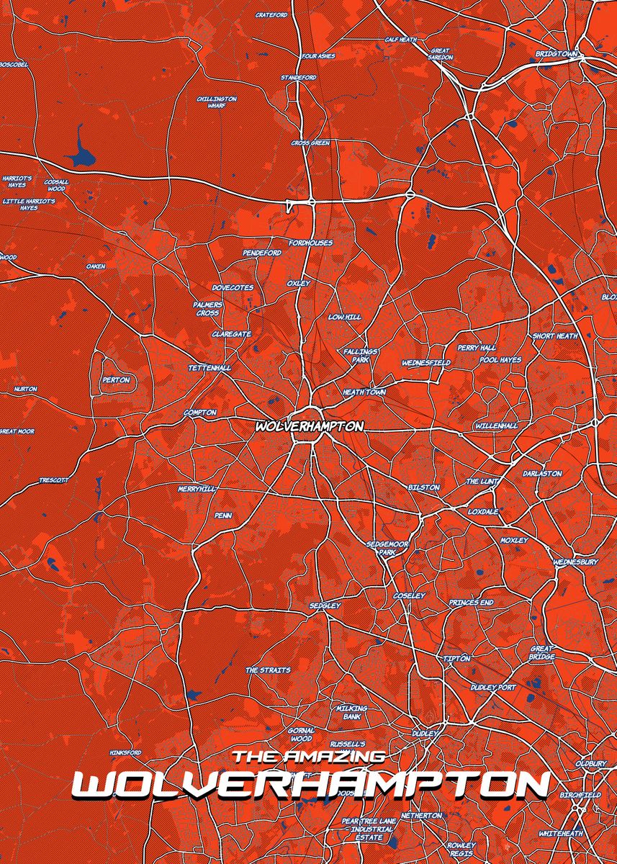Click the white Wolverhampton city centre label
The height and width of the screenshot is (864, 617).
click(309, 426)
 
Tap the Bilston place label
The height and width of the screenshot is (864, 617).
click(423, 487)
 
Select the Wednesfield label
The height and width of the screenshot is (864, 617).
click(425, 363)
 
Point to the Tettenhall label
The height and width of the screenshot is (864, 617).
click(210, 368)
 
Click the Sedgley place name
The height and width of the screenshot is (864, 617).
click(325, 606)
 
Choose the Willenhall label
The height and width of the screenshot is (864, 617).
click(496, 426)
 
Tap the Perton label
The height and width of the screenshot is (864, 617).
click(116, 379)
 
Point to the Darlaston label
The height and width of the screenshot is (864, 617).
click(542, 473)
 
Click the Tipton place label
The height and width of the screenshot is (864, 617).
click(456, 658)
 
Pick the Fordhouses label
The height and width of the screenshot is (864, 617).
click(310, 243)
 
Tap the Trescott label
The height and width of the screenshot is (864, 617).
click(53, 480)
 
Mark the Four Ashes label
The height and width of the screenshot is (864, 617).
click(317, 55)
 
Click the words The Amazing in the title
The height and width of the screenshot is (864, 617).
click(309, 757)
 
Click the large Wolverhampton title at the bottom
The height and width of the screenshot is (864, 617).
click(310, 786)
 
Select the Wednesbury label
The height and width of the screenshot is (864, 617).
click(575, 562)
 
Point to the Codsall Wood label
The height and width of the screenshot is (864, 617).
click(56, 186)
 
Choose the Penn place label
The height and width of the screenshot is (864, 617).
click(222, 516)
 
